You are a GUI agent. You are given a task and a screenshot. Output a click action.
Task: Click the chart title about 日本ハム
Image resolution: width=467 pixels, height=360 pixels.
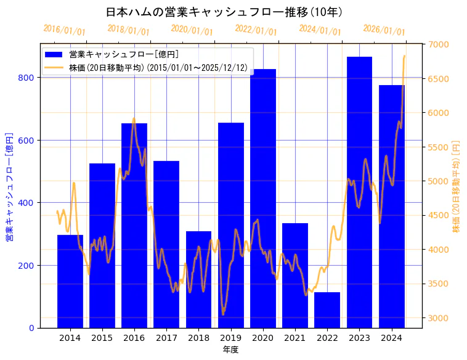point(224,12)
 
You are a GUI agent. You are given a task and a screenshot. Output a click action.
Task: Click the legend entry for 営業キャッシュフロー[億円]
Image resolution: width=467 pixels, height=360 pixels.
point(124,54)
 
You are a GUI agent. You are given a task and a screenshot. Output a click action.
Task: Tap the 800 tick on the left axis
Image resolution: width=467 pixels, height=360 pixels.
point(28,78)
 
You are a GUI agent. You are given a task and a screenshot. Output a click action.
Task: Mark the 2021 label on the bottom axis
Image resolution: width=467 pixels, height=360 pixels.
point(295,337)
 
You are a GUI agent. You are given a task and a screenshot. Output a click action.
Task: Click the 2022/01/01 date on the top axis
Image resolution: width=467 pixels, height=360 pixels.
point(256,30)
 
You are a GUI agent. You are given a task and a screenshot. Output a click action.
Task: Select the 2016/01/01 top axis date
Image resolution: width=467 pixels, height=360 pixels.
point(64,30)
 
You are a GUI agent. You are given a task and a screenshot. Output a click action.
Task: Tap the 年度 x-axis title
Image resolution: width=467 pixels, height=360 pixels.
point(230,350)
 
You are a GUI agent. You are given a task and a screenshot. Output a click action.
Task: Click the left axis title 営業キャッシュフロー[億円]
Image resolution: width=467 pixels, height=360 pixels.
point(10,186)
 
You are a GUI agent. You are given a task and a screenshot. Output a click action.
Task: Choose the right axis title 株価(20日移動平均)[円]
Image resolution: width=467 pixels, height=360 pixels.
point(456,186)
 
